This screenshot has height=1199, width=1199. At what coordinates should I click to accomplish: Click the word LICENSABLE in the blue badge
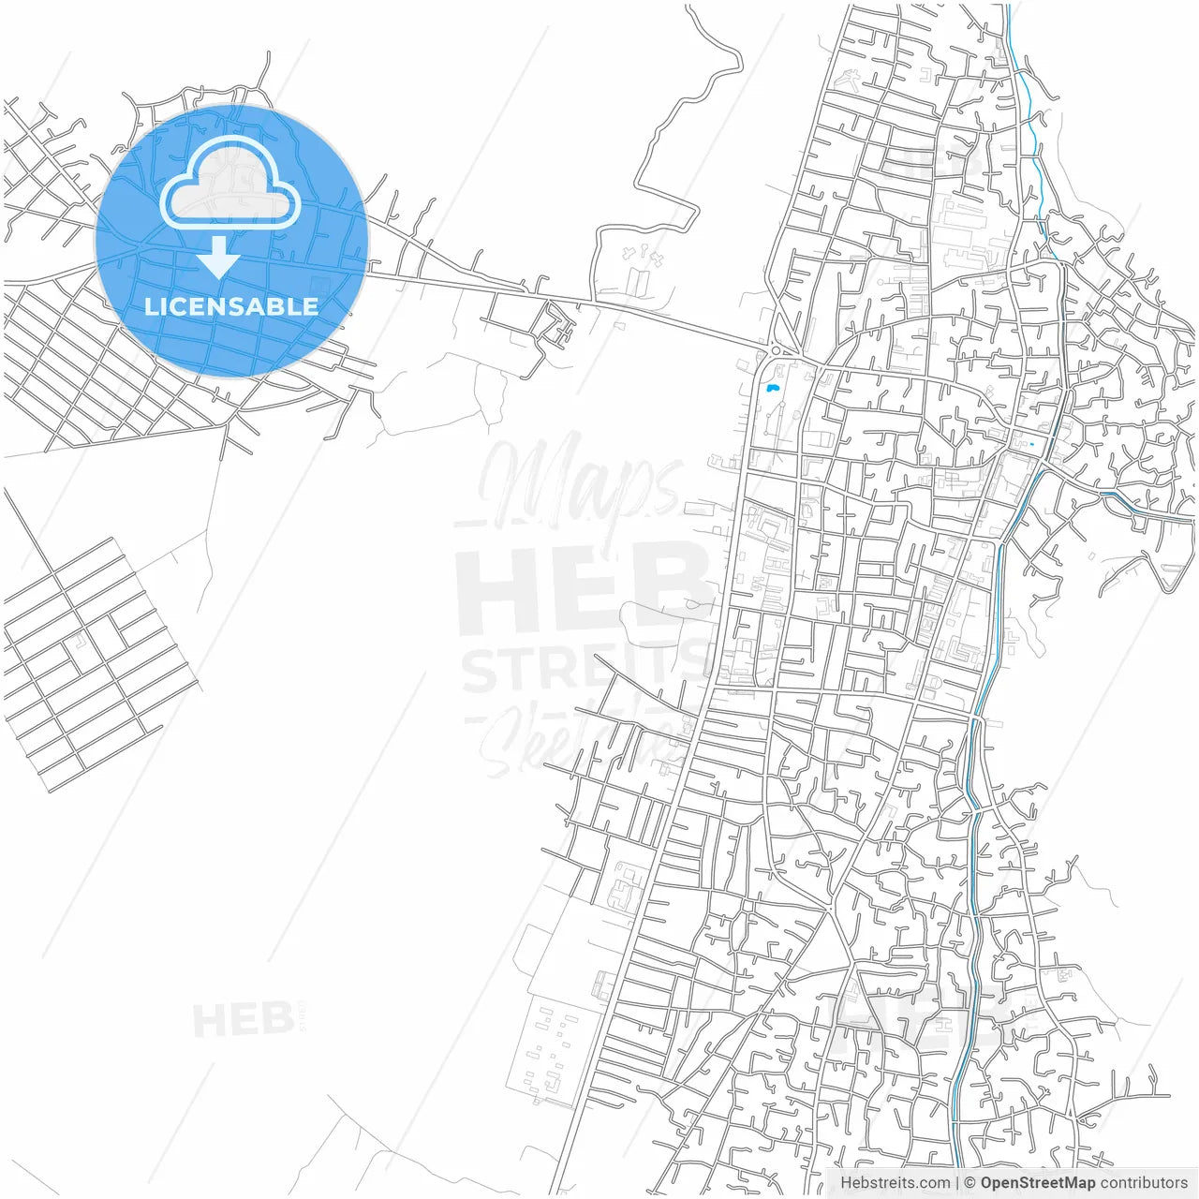[231, 306]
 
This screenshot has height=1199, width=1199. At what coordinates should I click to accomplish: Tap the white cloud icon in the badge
[230, 185]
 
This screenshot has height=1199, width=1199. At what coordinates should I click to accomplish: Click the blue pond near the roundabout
[772, 386]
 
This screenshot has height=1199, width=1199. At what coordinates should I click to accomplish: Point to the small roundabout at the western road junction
[777, 350]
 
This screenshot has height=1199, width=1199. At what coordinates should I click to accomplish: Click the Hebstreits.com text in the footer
[895, 1183]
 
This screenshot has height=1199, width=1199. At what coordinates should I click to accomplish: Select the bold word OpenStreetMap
[1037, 1183]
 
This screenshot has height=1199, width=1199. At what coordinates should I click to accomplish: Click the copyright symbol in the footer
[970, 1183]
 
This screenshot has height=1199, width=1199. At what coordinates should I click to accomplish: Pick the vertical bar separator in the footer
[957, 1183]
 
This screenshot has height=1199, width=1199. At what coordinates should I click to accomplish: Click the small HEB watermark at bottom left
[244, 1019]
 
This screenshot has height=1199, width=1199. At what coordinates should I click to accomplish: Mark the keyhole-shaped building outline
[644, 254]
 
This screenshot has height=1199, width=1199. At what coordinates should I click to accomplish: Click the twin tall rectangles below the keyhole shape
[637, 279]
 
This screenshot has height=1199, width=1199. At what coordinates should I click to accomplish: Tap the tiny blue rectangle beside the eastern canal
[1030, 444]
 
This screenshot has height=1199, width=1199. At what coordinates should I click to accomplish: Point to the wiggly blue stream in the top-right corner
[1030, 141]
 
